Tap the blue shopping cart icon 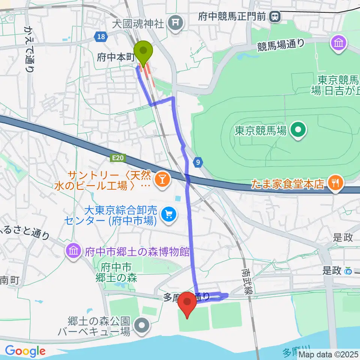[x=168, y=214]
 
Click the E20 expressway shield [x=117, y=159]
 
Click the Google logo [x=25, y=351]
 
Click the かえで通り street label [x=30, y=49]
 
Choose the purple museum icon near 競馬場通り [x=339, y=42]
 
